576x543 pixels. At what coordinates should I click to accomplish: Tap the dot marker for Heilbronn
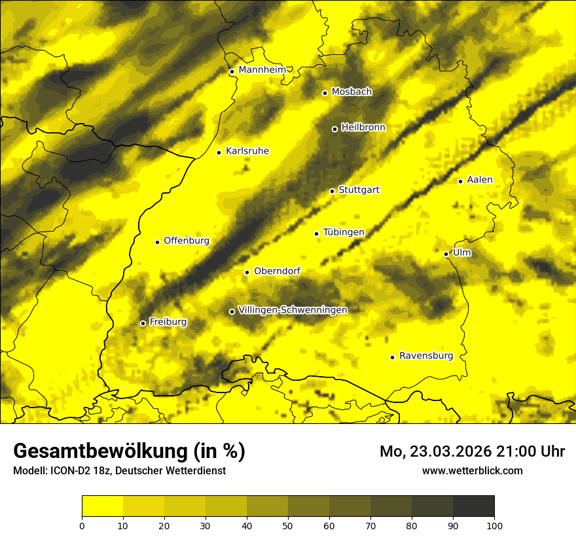click(x=334, y=129)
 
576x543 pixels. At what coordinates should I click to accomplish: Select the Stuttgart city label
click(x=359, y=190)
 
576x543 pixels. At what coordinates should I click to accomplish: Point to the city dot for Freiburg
click(x=143, y=323)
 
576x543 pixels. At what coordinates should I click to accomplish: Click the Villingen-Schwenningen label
click(x=293, y=310)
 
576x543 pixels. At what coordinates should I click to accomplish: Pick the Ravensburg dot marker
click(x=392, y=357)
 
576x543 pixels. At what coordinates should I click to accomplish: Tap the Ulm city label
click(x=461, y=253)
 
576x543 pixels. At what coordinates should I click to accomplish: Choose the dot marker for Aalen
click(x=460, y=181)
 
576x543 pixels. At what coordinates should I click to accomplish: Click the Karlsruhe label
click(x=247, y=151)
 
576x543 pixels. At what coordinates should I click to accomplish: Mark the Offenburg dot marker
click(x=157, y=242)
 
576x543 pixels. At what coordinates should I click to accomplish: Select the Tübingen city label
click(x=344, y=232)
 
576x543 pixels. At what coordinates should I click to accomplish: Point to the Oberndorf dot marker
click(x=247, y=272)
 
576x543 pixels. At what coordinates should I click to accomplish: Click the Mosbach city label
click(x=351, y=92)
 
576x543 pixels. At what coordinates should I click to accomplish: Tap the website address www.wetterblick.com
click(x=472, y=470)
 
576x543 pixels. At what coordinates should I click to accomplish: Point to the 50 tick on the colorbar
click(x=288, y=525)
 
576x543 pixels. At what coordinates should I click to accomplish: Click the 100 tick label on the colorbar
click(x=494, y=525)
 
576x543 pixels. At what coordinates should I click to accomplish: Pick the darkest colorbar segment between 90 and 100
click(x=473, y=506)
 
